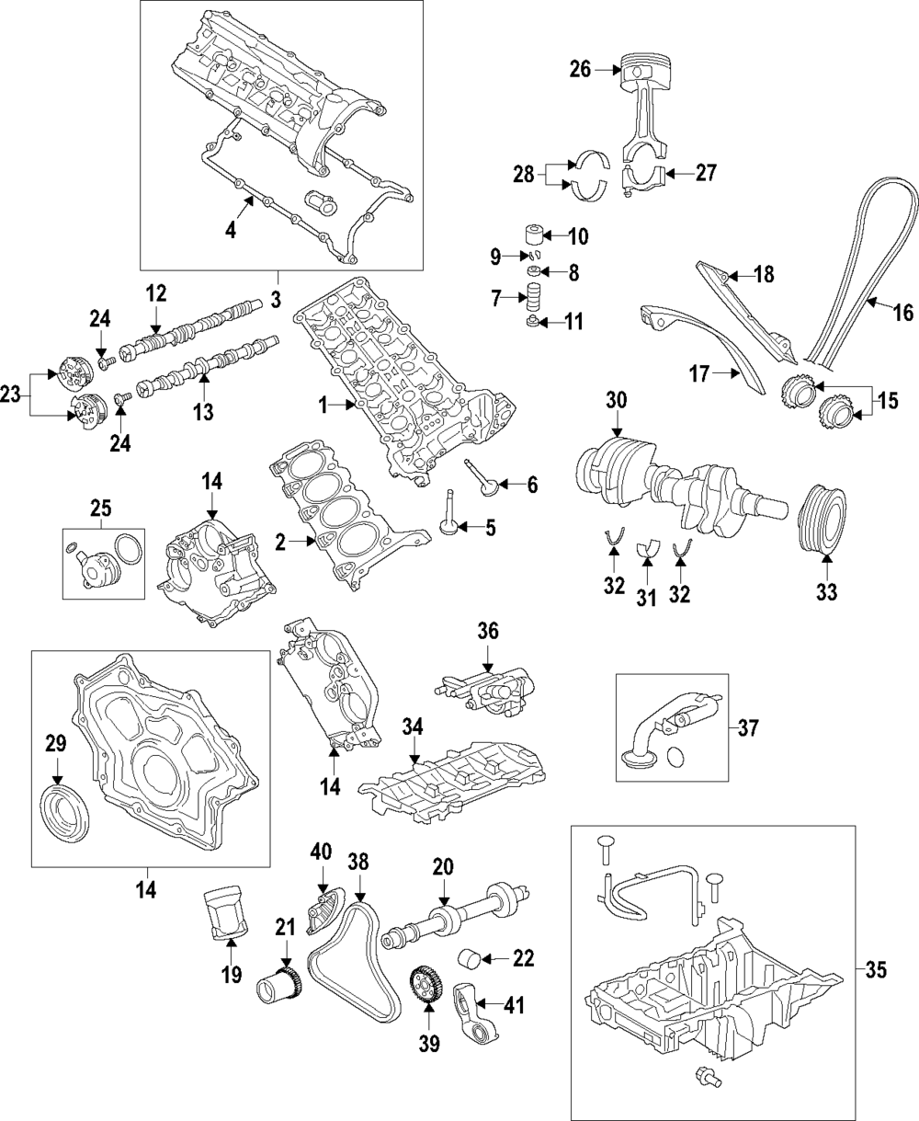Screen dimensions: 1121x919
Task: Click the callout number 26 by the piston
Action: click(581, 68)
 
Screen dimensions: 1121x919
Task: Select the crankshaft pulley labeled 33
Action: click(824, 520)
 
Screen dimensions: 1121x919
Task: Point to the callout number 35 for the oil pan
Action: click(878, 970)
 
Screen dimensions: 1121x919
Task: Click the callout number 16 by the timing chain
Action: click(903, 312)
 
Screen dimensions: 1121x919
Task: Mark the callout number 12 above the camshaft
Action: click(156, 293)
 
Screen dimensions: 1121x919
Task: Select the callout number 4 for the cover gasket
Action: click(231, 229)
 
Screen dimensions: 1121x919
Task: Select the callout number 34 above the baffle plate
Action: click(414, 727)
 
